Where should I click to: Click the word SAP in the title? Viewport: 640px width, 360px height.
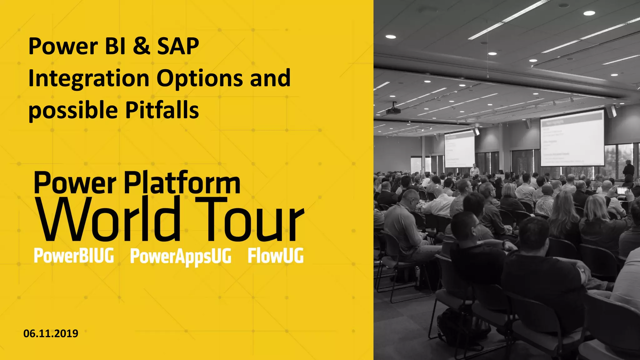pos(178,46)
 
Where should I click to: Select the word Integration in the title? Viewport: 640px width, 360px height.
pos(89,79)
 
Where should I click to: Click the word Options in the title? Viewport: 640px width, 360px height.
pos(199,79)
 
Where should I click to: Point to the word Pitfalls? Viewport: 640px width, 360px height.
pos(162,111)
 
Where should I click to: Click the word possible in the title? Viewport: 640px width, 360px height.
pos(73,111)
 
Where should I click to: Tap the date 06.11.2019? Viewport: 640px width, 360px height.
pos(51,333)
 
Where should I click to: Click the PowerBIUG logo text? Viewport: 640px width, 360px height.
pos(74,256)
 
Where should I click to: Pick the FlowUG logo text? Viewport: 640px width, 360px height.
pos(275,256)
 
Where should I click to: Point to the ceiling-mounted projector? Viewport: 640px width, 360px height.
pos(393,110)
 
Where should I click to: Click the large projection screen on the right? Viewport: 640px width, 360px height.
pos(572,138)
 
